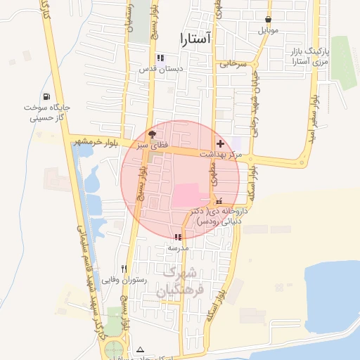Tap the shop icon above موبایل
pos(269,20)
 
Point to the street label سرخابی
pos(233,63)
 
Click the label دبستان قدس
pos(161,69)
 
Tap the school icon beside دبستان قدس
pos(161,58)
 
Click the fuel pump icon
pos(46,96)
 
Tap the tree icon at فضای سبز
pos(153,133)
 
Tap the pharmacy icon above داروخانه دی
pos(219,201)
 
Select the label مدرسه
pos(179,247)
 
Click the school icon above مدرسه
pos(179,237)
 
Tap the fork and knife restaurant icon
pos(124,269)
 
